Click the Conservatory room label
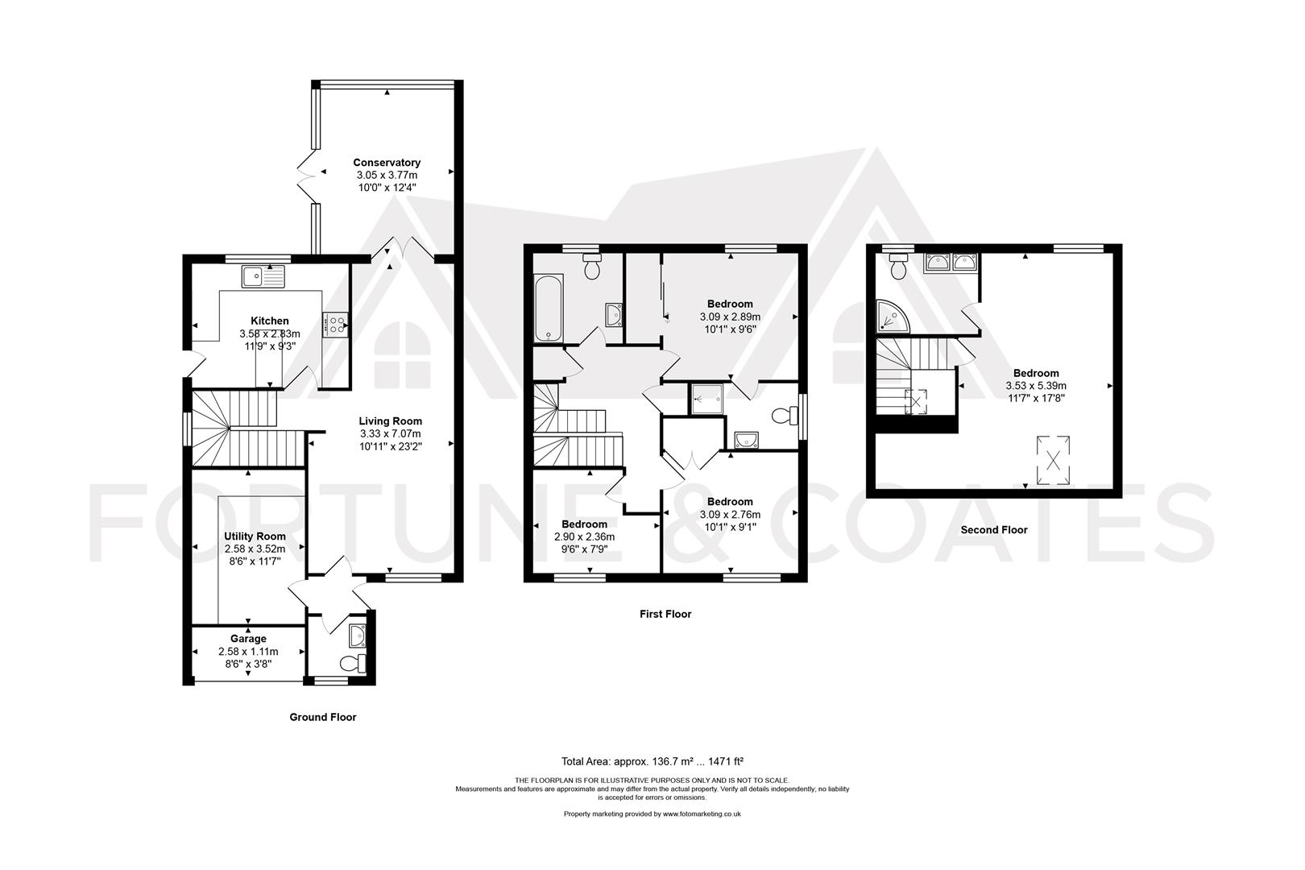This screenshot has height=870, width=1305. [x=386, y=163]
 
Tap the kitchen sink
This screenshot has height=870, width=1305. [x=263, y=277]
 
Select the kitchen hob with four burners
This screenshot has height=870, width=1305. [x=335, y=325]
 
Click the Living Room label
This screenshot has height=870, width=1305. [x=390, y=420]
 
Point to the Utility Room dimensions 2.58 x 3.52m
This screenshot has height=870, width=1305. [x=255, y=549]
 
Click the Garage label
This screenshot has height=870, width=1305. [x=248, y=639]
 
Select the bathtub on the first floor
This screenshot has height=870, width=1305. [x=549, y=309]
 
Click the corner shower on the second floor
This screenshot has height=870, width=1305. [x=893, y=316]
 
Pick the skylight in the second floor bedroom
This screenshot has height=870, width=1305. [x=1053, y=460]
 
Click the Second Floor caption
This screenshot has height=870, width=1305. [x=994, y=530]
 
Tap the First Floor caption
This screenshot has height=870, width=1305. [x=665, y=614]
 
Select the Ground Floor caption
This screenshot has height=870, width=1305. [x=323, y=717]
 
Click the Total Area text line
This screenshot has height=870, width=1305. [x=652, y=761]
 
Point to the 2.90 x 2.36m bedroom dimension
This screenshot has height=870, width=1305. [x=584, y=536]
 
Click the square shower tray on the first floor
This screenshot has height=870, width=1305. [x=707, y=400]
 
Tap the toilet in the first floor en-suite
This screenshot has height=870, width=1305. [x=784, y=416]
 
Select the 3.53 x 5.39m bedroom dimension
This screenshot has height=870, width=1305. [x=1036, y=386]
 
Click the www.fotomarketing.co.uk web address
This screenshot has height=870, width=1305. [x=702, y=814]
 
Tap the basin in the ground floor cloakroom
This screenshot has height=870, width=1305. [x=357, y=636]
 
